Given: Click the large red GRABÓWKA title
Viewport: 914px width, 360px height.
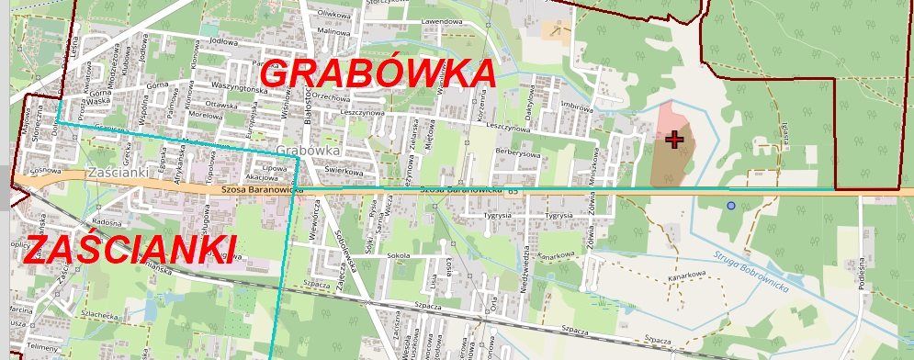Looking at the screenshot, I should point(378,73).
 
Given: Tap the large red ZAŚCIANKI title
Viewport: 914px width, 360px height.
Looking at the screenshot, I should point(129,248).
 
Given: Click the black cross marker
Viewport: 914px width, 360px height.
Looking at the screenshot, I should point(675,140).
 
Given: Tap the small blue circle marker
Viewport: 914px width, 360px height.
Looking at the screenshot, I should point(731,206).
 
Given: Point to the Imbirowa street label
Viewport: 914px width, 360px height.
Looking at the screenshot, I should point(578,106).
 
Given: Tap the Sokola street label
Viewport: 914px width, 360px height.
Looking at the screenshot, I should point(398,255).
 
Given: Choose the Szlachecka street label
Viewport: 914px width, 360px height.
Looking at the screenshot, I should point(73,314).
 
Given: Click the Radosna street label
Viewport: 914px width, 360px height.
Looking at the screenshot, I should point(107,222).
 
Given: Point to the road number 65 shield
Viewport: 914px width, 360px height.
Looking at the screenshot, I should point(513,191).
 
